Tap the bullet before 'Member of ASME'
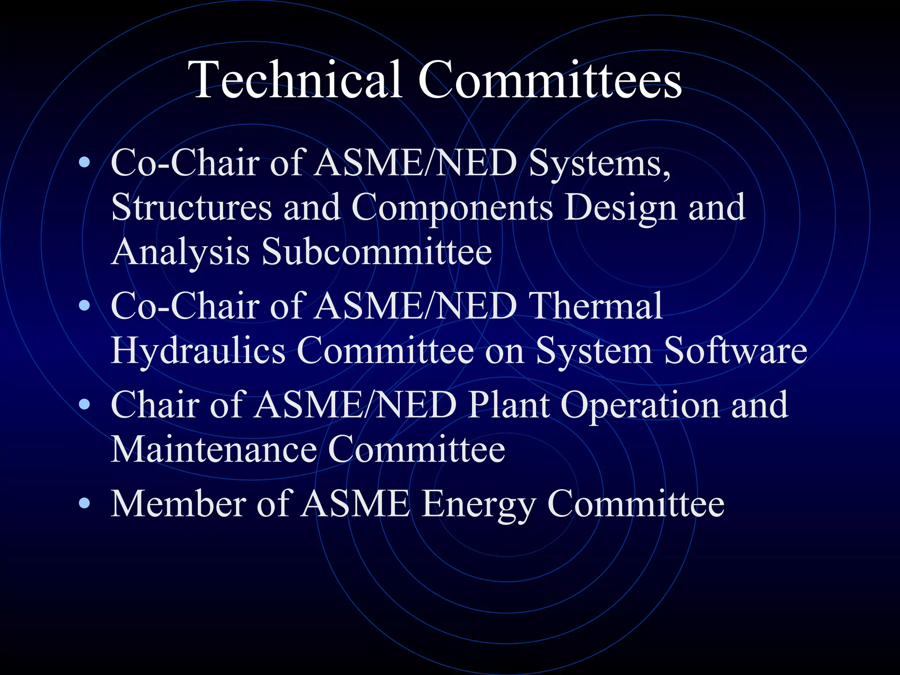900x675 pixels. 84,503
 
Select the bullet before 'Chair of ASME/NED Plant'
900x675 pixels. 84,404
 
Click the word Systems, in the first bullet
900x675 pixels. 599,163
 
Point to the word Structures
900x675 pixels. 192,207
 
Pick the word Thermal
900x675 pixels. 596,306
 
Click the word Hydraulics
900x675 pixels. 198,351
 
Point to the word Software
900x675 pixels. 735,351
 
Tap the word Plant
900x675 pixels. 508,404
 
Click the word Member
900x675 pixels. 178,503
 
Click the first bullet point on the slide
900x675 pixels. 84,163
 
